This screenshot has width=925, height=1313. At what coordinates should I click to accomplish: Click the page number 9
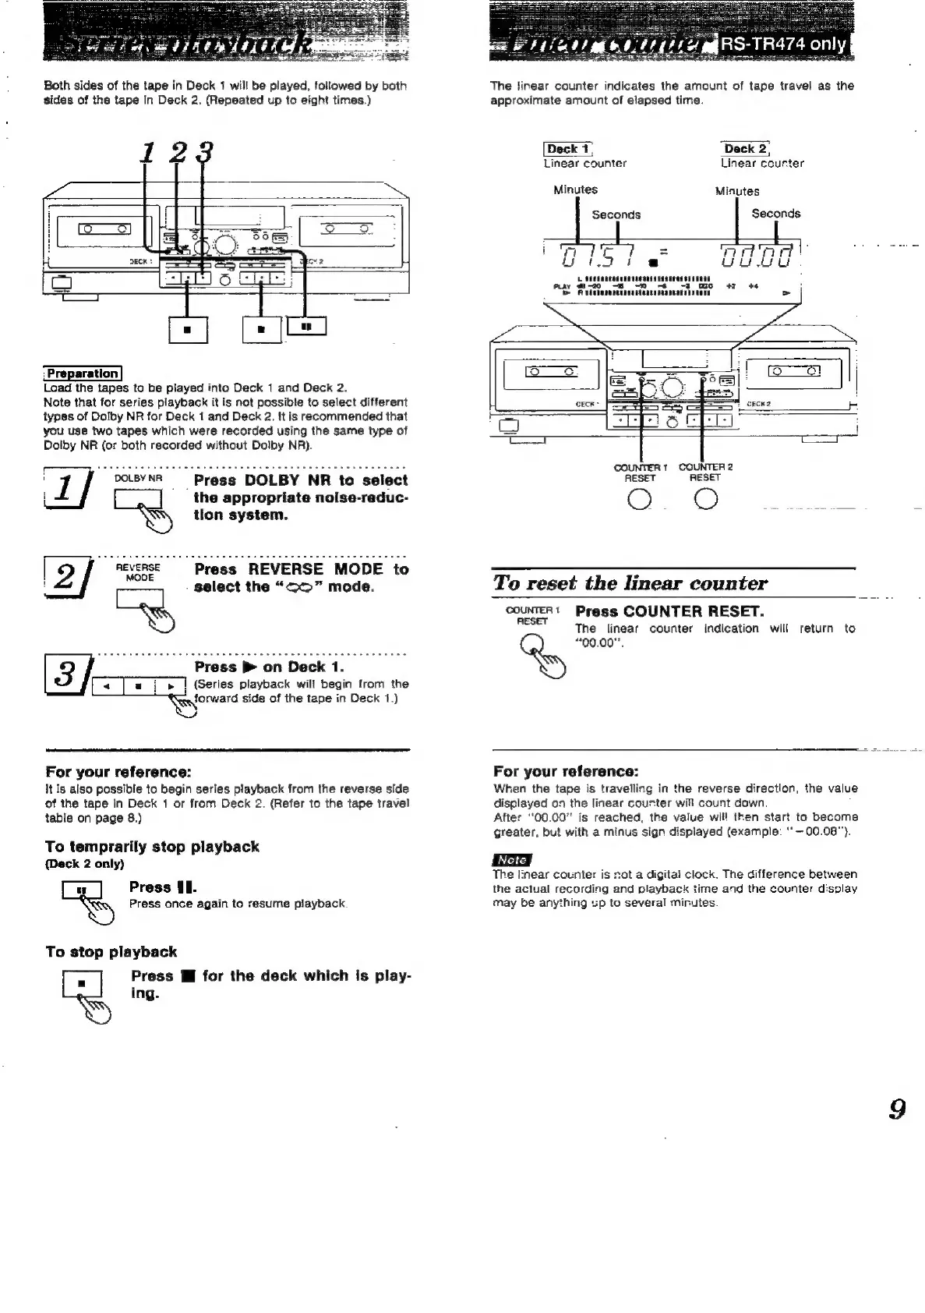point(897,1109)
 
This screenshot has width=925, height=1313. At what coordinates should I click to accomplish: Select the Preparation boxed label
point(83,373)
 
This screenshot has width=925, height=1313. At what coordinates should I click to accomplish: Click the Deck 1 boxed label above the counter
point(568,149)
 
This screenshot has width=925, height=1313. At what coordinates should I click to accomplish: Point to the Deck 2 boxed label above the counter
point(746,149)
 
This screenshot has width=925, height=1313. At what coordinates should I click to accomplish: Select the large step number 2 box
point(68,581)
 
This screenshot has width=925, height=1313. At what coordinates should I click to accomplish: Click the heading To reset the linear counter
point(630,583)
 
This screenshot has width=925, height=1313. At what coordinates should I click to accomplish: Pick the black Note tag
point(511,860)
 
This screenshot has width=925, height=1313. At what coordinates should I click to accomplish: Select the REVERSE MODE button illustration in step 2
point(139,599)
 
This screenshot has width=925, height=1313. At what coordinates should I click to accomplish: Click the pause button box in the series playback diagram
point(306,327)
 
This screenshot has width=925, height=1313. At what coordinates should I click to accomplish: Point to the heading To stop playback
point(111,952)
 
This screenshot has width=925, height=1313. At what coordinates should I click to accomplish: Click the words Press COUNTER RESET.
point(669,610)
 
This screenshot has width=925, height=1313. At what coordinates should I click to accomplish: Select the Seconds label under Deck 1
point(616,214)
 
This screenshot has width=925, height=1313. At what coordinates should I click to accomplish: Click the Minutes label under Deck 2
point(736,191)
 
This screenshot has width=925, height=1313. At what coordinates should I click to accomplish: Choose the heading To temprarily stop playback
point(152,847)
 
